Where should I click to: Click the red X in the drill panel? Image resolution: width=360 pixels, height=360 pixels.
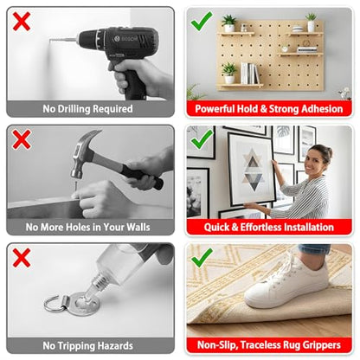point(22,22)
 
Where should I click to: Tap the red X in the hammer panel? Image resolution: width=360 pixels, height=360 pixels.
point(22,139)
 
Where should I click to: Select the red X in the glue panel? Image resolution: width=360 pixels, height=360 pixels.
point(22,258)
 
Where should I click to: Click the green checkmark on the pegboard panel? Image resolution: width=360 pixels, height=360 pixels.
point(202,21)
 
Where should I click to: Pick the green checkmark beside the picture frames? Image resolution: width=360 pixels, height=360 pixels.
point(202,139)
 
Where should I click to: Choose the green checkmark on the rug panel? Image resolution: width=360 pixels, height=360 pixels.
point(202,258)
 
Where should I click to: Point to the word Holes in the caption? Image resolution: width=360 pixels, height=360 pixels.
point(76,228)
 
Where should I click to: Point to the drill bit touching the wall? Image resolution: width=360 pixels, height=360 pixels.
point(62,40)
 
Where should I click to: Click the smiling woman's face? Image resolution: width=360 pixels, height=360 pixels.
point(315,161)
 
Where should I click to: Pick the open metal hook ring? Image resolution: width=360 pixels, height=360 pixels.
point(55,304)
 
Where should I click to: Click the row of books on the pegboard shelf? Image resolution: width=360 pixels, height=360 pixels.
point(249,73)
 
